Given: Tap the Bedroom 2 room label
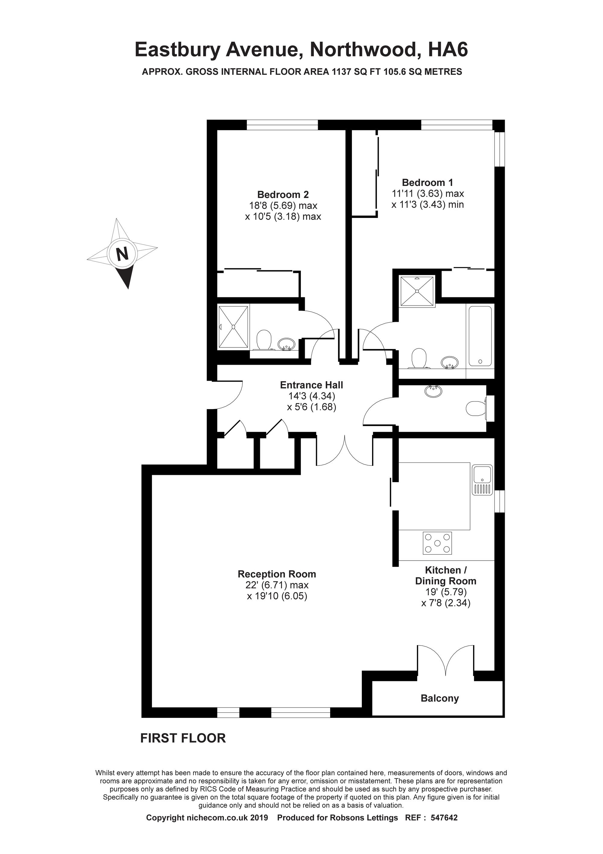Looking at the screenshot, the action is click(283, 194).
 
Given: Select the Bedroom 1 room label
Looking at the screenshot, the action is click(428, 183).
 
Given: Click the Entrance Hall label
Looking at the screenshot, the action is click(311, 385).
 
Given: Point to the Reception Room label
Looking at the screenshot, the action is click(277, 574).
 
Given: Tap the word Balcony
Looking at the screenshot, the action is click(440, 699).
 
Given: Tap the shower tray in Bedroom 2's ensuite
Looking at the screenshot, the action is click(233, 327).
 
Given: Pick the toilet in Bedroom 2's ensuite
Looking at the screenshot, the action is click(264, 340).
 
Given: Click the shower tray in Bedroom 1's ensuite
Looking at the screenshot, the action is click(417, 291).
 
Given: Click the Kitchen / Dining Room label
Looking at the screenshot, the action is click(446, 575).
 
